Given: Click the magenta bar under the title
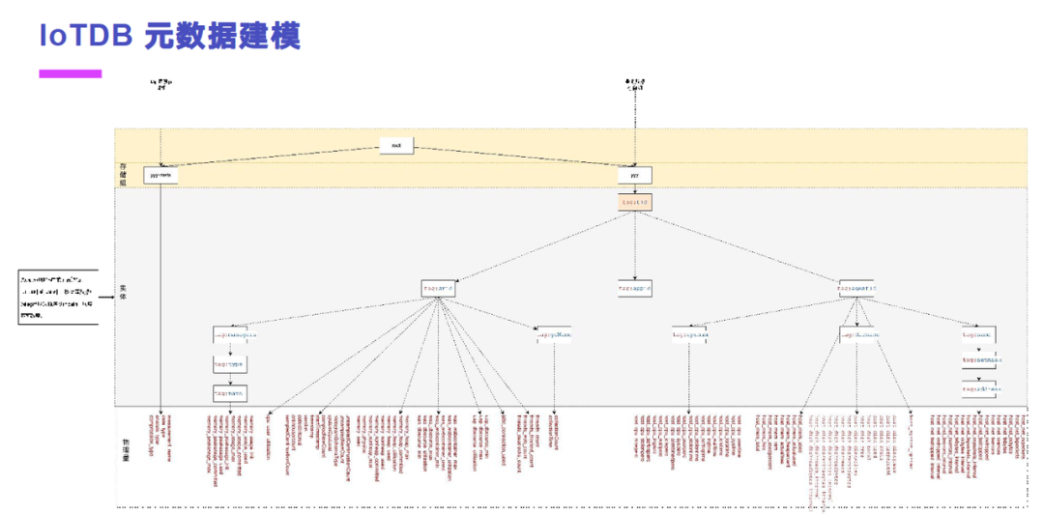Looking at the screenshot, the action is click(70, 73).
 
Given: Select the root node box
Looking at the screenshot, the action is click(396, 146).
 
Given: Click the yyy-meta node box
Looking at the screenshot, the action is click(161, 176).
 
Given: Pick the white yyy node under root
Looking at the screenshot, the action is click(634, 176).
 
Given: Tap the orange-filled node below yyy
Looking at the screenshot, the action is click(634, 202).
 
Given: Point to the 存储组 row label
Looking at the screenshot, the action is click(123, 174).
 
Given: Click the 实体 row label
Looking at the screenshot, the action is click(123, 291).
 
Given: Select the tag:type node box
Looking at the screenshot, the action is click(230, 366).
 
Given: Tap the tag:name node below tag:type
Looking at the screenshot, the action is click(230, 393).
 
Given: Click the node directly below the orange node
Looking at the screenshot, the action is click(634, 288).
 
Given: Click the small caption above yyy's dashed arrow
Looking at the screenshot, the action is click(635, 85).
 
